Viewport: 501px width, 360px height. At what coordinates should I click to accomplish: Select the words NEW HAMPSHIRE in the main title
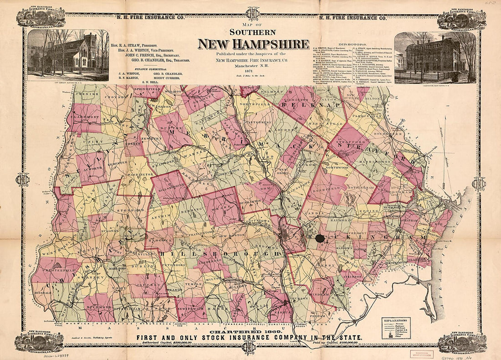point(253,44)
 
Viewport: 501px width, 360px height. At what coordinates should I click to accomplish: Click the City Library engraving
point(68,55)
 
